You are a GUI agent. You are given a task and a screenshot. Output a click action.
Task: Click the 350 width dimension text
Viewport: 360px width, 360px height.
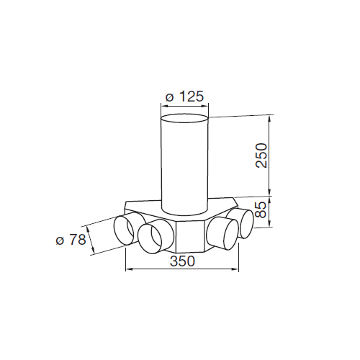(183, 262)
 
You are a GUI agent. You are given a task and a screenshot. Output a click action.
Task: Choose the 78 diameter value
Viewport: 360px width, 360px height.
(78, 238)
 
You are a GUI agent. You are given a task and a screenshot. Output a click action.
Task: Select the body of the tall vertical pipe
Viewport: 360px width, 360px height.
(184, 166)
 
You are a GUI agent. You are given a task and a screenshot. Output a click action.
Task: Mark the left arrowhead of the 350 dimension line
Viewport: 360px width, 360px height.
(128, 271)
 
